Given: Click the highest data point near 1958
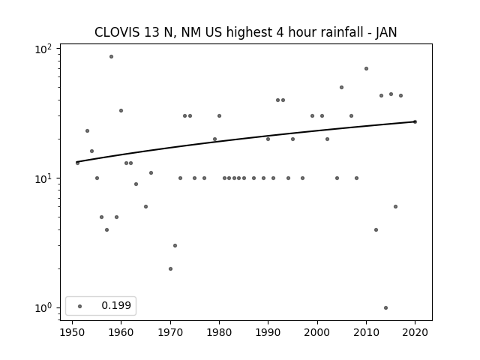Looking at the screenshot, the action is tap(112, 57).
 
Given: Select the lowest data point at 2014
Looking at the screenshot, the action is tap(385, 308).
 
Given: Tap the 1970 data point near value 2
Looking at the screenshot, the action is tap(170, 268).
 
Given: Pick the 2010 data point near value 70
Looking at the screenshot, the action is tap(366, 68).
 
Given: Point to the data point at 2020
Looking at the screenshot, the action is tap(415, 121).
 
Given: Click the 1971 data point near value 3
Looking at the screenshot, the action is tap(175, 245).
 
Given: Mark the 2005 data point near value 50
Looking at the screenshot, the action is tap(342, 88).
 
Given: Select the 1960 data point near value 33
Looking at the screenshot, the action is tap(121, 110).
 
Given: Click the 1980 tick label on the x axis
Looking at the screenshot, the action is tap(219, 333).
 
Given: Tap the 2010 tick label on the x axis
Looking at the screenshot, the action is tap(366, 333).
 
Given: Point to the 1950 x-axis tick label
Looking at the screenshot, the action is tap(72, 333).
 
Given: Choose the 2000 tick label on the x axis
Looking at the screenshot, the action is tap(317, 333).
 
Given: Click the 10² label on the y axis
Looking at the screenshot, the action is tap(43, 49).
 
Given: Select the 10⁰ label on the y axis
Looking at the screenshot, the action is tap(43, 307).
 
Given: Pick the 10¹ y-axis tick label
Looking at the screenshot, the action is tap(43, 178).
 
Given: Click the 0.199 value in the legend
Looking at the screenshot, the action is tap(116, 305).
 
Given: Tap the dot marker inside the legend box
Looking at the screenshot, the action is tap(80, 306).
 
